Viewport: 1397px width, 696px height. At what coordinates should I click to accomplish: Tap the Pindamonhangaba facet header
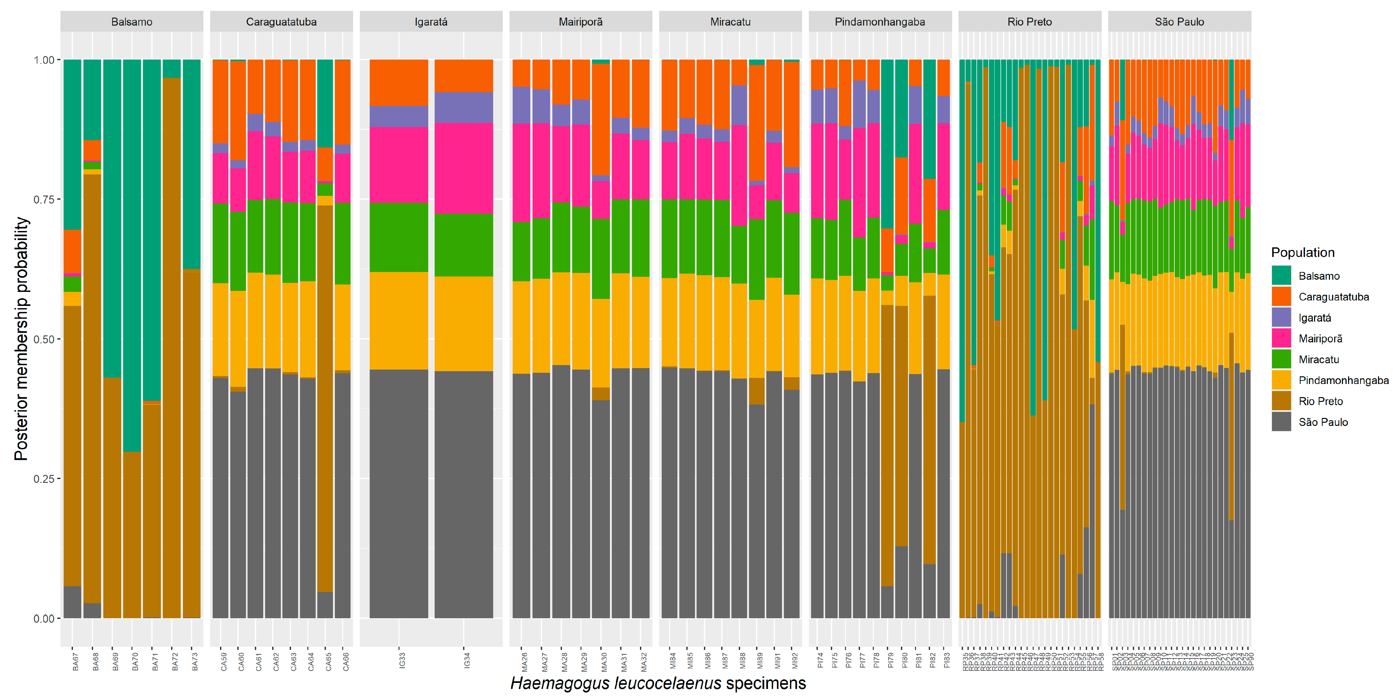click(x=880, y=22)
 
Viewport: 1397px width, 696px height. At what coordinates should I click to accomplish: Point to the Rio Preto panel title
click(x=1029, y=22)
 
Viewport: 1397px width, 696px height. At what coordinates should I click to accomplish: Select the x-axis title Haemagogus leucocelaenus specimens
click(x=658, y=683)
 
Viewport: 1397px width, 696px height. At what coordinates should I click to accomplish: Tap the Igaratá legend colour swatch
click(x=1281, y=317)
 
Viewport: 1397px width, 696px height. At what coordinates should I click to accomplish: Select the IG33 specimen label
click(x=402, y=660)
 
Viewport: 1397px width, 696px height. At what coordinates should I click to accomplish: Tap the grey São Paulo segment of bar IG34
click(x=464, y=494)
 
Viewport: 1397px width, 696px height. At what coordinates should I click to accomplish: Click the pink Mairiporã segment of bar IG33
click(x=399, y=164)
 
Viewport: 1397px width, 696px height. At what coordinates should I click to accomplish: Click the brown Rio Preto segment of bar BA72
click(x=171, y=347)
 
